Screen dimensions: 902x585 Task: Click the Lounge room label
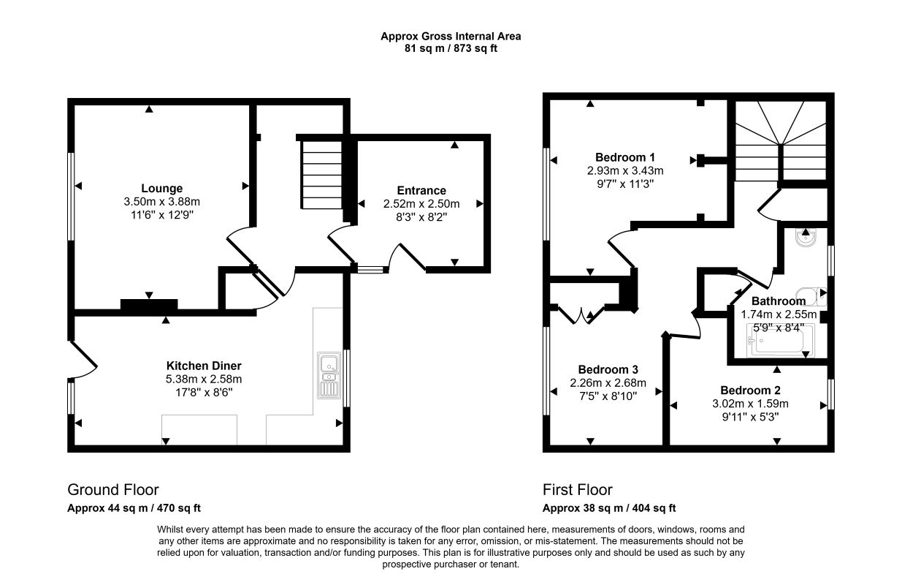[x=162, y=188]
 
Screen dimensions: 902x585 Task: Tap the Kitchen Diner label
[x=204, y=366]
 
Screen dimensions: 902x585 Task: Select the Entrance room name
[x=421, y=190]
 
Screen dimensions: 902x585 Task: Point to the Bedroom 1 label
[x=625, y=157]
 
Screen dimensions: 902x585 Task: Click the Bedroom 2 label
[x=750, y=390]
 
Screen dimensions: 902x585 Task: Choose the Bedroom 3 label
[x=608, y=369]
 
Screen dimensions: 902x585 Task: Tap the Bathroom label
[x=779, y=301]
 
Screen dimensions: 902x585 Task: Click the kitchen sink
[x=329, y=375]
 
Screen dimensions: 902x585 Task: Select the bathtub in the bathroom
[x=780, y=340]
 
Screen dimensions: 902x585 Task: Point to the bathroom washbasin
[x=806, y=238]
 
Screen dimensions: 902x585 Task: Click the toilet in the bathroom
[x=811, y=297]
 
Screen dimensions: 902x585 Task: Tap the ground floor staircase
[x=322, y=174]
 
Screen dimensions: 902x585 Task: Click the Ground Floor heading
[x=113, y=490]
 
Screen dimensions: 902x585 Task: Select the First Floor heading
[x=578, y=490]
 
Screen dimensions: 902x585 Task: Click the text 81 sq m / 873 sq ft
[x=451, y=48]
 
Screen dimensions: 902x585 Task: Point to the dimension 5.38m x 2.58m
[x=204, y=379]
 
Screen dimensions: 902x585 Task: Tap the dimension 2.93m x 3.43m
[x=625, y=170]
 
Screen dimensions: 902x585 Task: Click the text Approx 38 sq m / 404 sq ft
[x=609, y=508]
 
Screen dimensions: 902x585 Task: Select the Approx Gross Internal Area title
[x=451, y=37]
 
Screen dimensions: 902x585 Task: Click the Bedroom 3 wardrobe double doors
[x=582, y=315]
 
